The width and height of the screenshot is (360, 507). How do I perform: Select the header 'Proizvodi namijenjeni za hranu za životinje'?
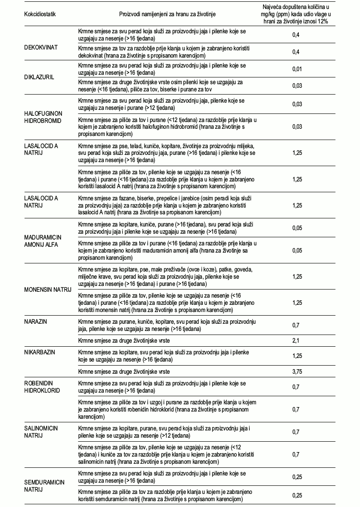click(x=167, y=14)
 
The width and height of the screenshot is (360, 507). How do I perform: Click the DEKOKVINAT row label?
click(x=41, y=47)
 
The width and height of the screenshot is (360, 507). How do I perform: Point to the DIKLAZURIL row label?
click(x=39, y=77)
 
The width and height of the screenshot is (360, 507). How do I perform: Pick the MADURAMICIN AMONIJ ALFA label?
click(x=43, y=240)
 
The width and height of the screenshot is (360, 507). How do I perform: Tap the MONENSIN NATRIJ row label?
click(x=48, y=289)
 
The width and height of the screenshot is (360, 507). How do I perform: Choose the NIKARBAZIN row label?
click(x=40, y=352)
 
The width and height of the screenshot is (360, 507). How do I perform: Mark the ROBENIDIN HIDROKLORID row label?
click(x=42, y=387)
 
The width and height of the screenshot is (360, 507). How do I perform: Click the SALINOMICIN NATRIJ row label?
click(x=41, y=432)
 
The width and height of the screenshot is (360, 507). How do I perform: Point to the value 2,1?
click(x=297, y=340)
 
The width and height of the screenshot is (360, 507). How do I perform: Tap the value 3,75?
click(x=297, y=371)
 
